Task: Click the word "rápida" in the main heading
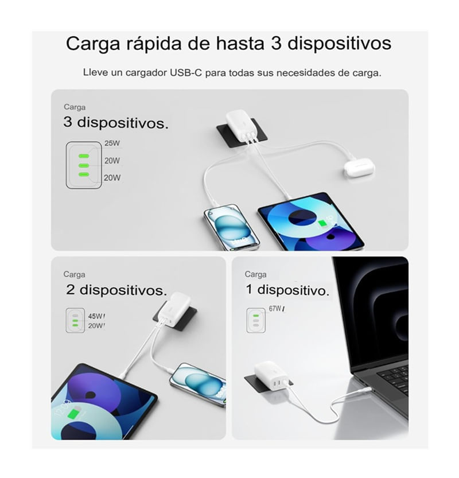click(154, 44)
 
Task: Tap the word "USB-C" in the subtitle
click(186, 73)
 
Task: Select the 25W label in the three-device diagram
click(112, 143)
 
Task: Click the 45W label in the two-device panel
click(96, 316)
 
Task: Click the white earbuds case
click(359, 168)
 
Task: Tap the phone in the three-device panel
click(231, 227)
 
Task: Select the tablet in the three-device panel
click(311, 221)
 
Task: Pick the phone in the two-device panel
click(198, 384)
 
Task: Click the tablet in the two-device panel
click(103, 402)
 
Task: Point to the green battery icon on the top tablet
click(322, 224)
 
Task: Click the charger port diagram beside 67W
click(256, 320)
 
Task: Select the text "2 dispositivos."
click(116, 290)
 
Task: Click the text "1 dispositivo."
click(287, 290)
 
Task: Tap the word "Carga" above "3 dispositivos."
click(75, 107)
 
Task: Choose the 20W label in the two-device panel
click(96, 325)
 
